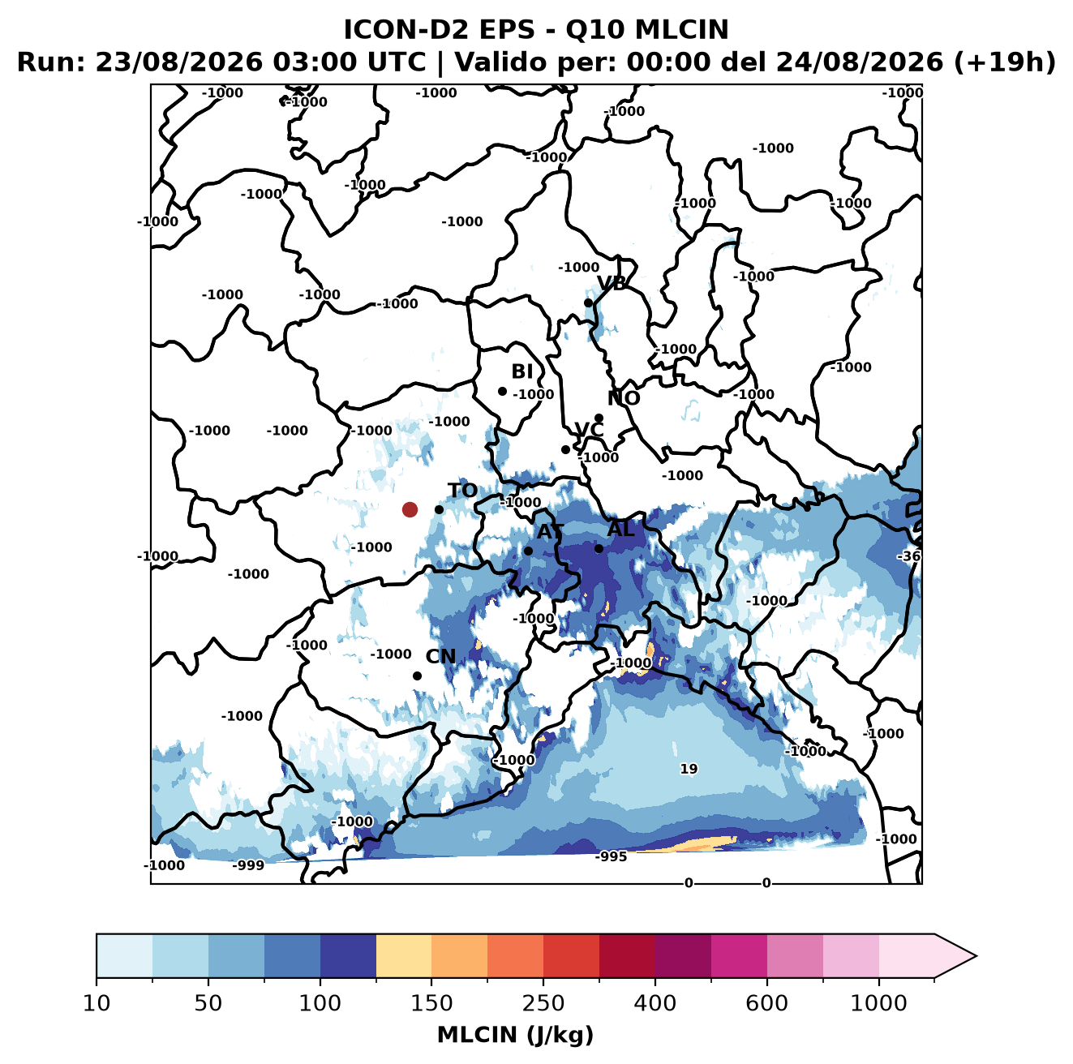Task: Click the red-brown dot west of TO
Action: tap(410, 509)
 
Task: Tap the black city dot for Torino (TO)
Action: tap(439, 509)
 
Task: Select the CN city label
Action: tap(440, 657)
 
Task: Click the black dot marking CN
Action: tap(417, 676)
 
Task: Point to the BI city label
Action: tap(522, 371)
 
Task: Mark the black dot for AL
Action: tap(599, 548)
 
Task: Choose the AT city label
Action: tap(550, 532)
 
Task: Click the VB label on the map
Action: tap(612, 283)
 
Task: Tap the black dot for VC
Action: tap(566, 449)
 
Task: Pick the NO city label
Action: tap(624, 398)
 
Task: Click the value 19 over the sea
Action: tap(689, 769)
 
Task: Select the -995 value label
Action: tap(611, 856)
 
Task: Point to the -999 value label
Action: tap(248, 865)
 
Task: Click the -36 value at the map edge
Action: tap(908, 556)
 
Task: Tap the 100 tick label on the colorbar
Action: tap(320, 1003)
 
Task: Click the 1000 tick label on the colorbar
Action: tap(878, 1003)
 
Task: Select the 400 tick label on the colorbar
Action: tap(655, 1003)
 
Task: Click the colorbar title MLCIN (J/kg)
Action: tap(516, 1035)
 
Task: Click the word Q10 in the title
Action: tap(596, 30)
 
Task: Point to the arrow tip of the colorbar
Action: tap(976, 956)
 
